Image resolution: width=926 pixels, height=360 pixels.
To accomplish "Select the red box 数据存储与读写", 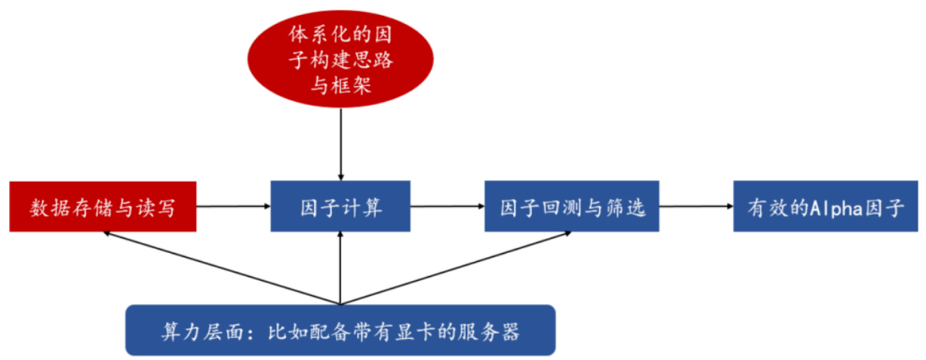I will tap(103, 206).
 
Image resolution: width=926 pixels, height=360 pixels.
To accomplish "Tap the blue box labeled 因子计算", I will tap(340, 206).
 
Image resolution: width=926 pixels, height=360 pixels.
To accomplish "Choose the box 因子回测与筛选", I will tap(571, 206).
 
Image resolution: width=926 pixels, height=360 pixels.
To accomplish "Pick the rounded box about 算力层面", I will tap(340, 331).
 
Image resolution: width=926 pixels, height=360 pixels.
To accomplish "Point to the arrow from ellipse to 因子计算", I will tap(341, 144).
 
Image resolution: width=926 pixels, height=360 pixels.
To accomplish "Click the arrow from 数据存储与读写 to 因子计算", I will tap(234, 206).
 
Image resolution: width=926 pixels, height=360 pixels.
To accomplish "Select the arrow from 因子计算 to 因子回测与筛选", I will tap(448, 206).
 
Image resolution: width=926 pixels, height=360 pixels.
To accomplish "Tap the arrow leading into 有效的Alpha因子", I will tap(695, 206).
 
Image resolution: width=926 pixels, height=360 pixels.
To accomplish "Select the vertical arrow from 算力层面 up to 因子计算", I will tap(341, 268).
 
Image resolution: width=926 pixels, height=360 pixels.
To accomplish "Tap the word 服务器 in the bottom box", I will tap(493, 331).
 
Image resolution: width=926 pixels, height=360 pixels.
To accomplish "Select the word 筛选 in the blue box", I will tap(627, 207).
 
